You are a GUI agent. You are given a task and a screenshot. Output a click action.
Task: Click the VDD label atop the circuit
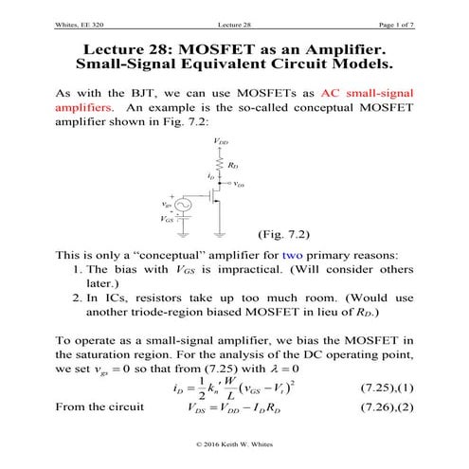tap(221, 142)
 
